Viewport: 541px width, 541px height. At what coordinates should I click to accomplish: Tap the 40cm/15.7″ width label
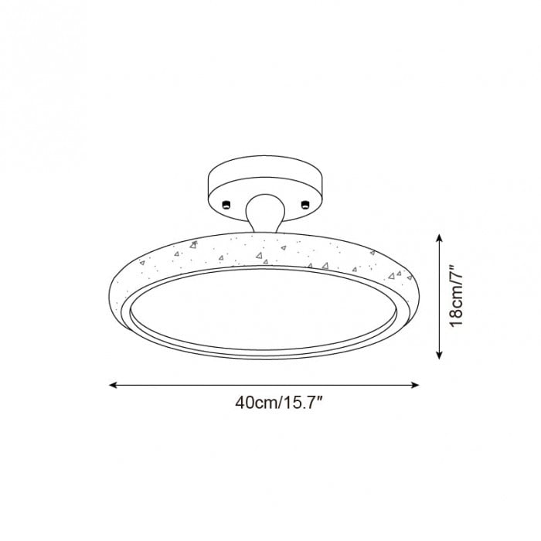click(266, 403)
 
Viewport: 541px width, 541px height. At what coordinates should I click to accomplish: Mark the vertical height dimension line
click(439, 298)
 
